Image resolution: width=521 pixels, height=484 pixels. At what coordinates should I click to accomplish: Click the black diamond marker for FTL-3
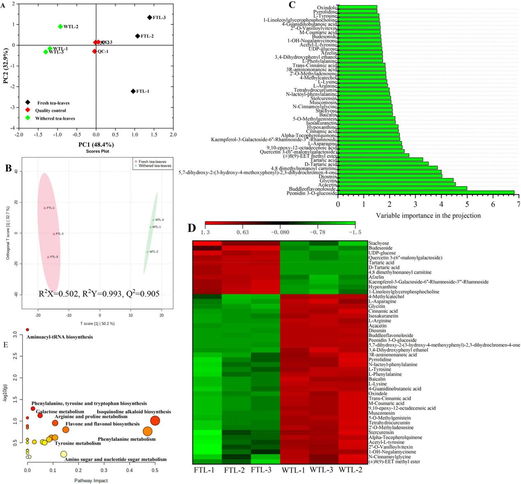(x=150, y=18)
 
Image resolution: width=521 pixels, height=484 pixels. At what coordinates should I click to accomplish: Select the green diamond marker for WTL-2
(x=60, y=27)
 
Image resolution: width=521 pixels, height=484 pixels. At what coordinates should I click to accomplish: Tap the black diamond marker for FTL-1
(x=133, y=91)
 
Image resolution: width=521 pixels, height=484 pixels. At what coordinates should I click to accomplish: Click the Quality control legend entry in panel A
(x=50, y=110)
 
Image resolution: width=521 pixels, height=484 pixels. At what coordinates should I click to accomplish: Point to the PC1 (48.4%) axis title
(x=96, y=145)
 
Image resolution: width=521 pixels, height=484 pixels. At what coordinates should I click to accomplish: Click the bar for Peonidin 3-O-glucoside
(x=426, y=193)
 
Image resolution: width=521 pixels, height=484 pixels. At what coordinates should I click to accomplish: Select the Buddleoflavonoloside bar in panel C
(x=402, y=188)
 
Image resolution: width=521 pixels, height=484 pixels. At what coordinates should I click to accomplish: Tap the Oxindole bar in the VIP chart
(x=357, y=7)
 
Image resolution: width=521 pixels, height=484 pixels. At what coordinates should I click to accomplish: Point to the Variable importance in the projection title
(x=428, y=216)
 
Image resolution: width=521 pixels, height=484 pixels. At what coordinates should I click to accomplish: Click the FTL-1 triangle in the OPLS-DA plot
(x=45, y=208)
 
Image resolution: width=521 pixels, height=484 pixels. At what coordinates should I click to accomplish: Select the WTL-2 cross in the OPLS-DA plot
(x=147, y=252)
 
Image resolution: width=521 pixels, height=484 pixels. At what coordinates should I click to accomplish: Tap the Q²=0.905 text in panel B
(x=142, y=294)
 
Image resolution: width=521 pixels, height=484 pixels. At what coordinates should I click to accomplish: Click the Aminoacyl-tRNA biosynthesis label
(x=60, y=337)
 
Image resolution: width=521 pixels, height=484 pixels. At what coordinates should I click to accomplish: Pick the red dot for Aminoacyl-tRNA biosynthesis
(x=28, y=330)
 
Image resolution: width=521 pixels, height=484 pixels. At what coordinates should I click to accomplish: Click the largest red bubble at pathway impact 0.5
(x=155, y=421)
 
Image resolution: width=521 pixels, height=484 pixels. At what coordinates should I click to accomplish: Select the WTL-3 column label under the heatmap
(x=321, y=470)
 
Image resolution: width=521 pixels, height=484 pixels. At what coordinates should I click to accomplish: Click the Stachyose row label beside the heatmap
(x=379, y=243)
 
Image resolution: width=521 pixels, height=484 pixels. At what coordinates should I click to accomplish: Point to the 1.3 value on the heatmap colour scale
(x=205, y=232)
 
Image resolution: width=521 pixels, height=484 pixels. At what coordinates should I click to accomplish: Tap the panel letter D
(x=192, y=228)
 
